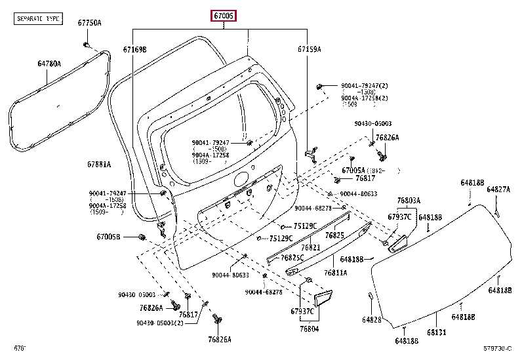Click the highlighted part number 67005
(223, 15)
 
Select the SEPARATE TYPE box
(38, 20)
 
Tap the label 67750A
(90, 23)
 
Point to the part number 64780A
(49, 64)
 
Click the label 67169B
(134, 49)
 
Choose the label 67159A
(309, 49)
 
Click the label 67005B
(109, 237)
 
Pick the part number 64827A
(498, 190)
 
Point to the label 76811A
(335, 272)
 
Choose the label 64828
(371, 320)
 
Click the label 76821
(310, 248)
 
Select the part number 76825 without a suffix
(334, 235)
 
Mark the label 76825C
(292, 258)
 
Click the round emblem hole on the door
(241, 178)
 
